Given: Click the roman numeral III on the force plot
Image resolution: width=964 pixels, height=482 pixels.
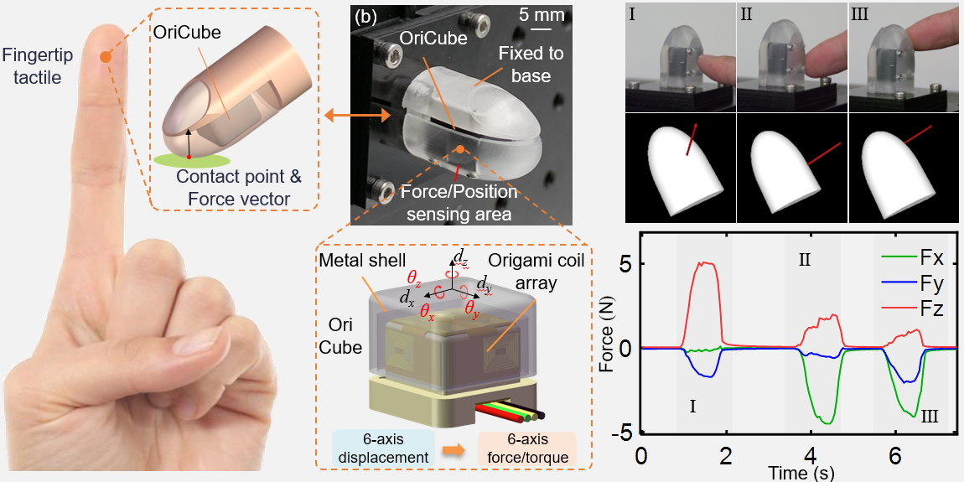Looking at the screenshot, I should pos(930,416).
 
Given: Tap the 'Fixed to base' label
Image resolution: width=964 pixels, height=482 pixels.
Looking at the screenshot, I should pos(530,64).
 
